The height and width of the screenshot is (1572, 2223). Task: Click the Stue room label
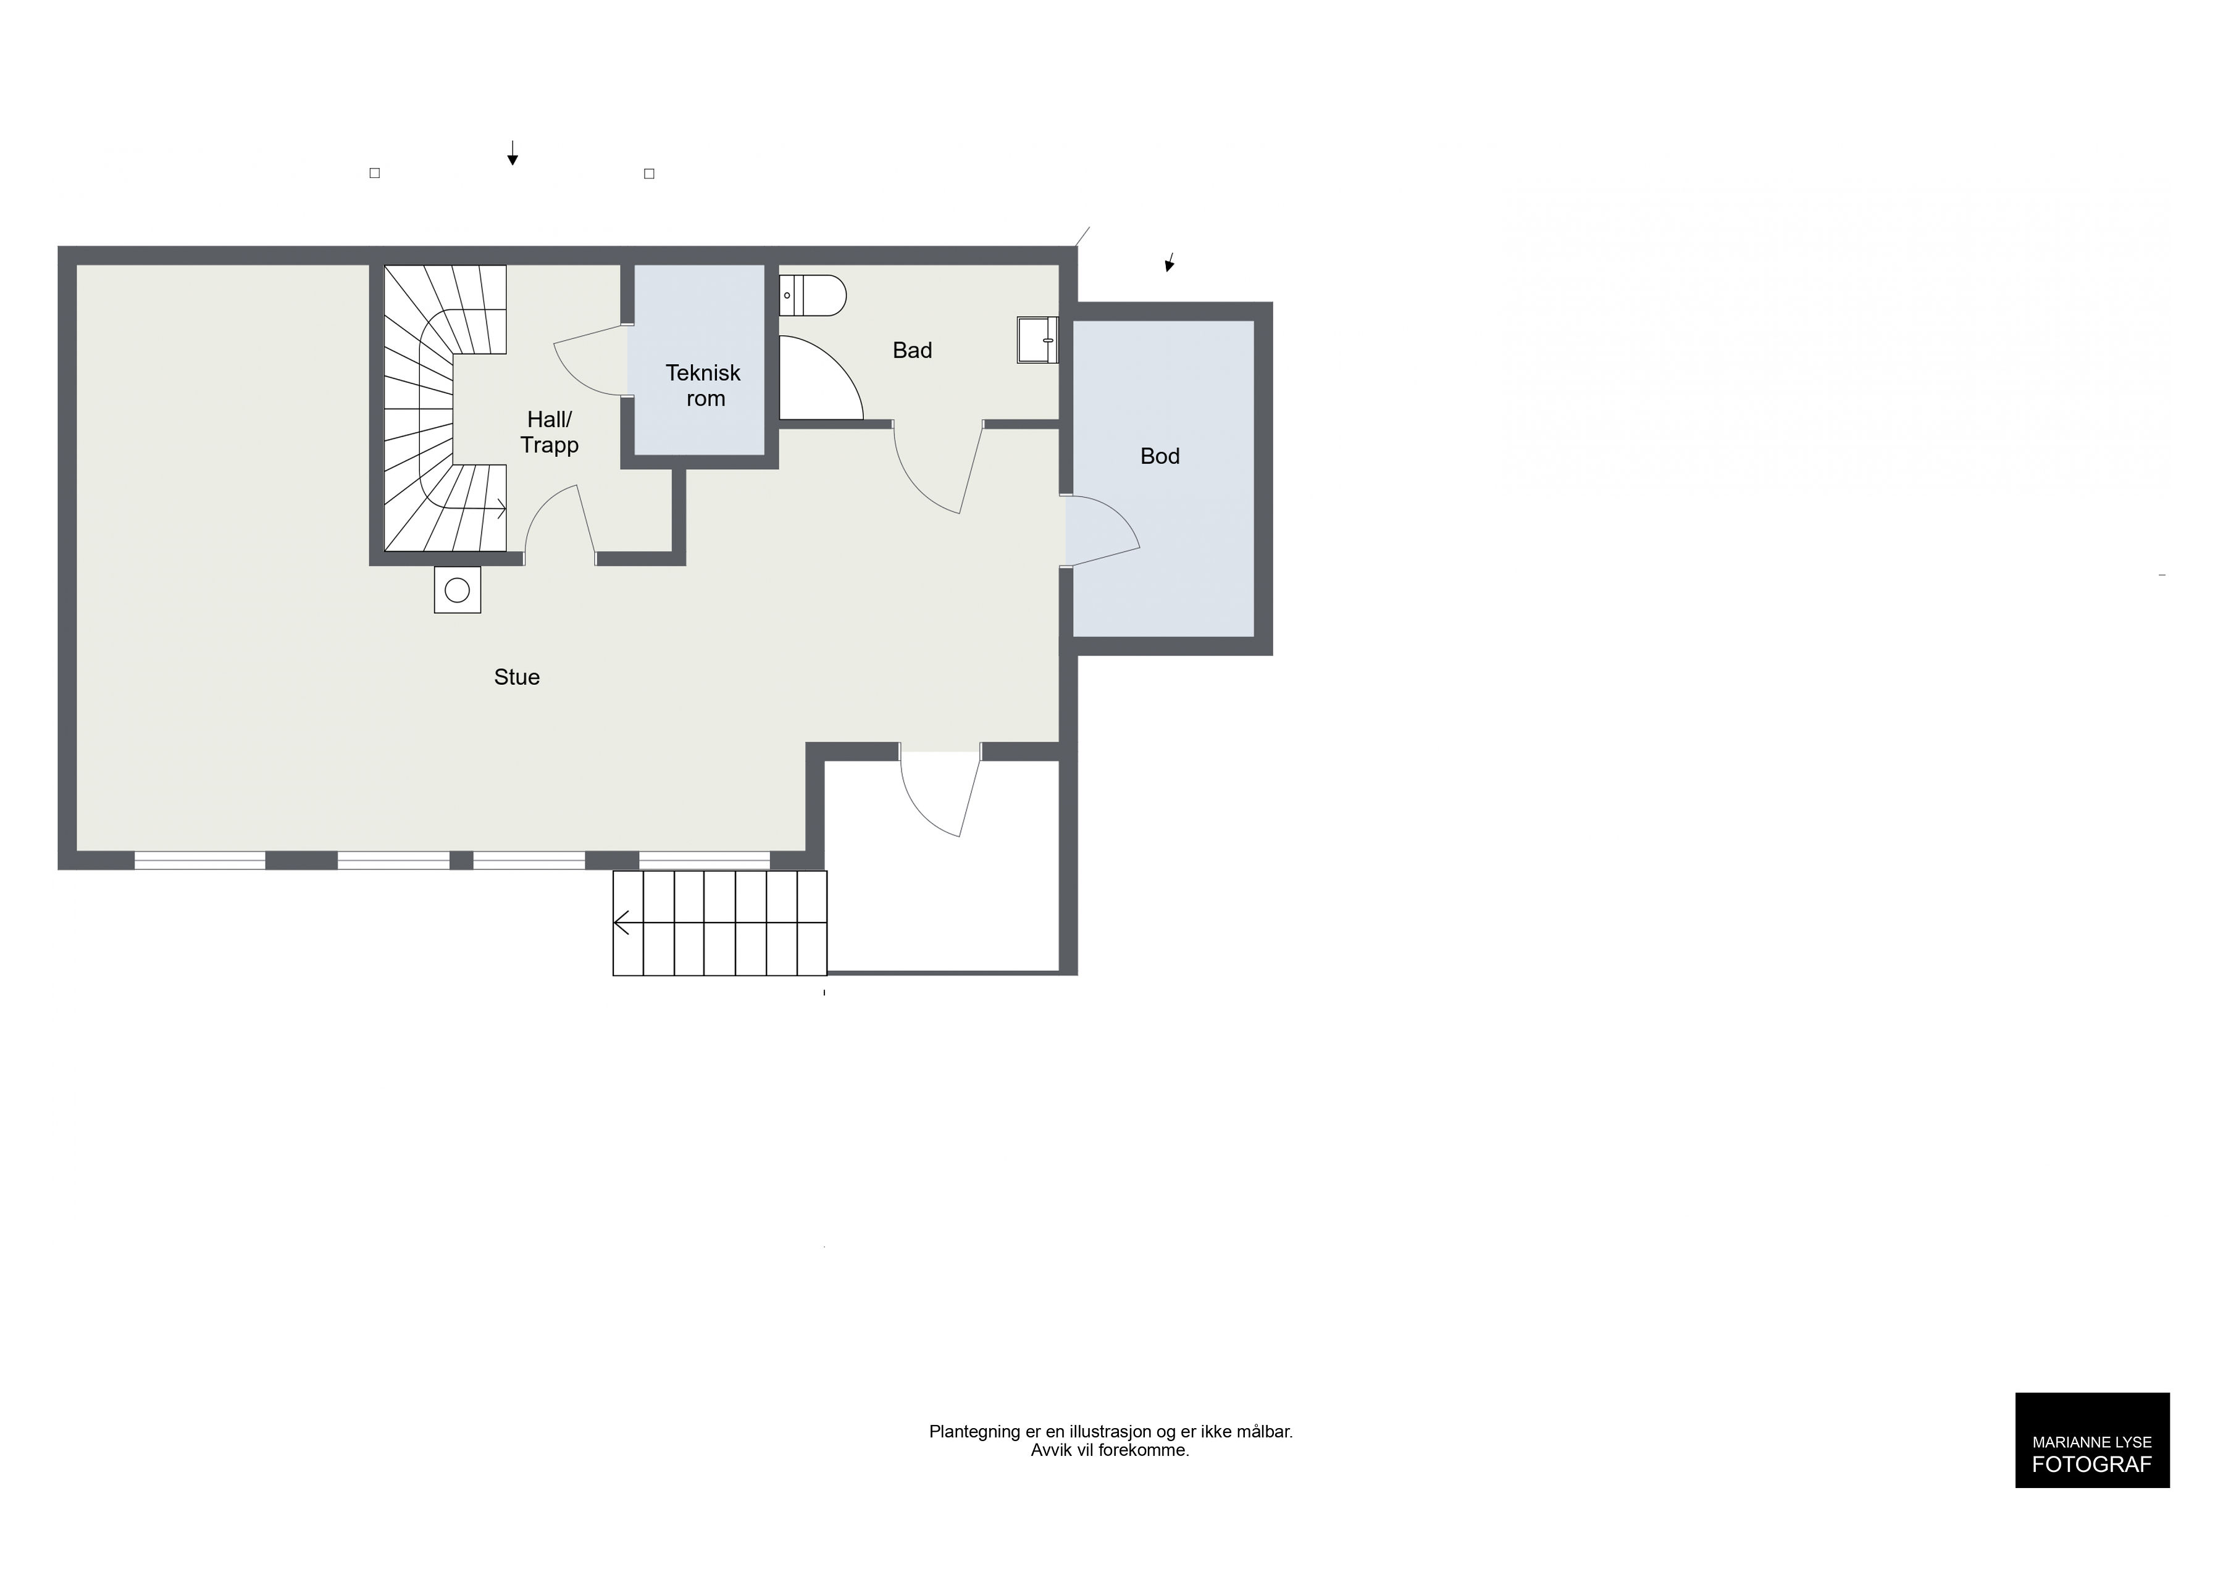[x=516, y=677]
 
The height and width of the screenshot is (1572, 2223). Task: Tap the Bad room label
[x=912, y=351]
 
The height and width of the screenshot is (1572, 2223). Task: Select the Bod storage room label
[x=1160, y=456]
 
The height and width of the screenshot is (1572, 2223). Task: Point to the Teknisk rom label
[x=704, y=385]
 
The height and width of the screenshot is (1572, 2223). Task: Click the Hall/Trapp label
[x=549, y=432]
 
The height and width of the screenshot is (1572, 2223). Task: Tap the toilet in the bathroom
[x=813, y=295]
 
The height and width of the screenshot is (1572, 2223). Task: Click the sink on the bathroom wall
[x=1037, y=340]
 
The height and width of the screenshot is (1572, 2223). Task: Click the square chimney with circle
[x=457, y=590]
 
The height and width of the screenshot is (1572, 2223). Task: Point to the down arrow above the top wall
[x=512, y=153]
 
